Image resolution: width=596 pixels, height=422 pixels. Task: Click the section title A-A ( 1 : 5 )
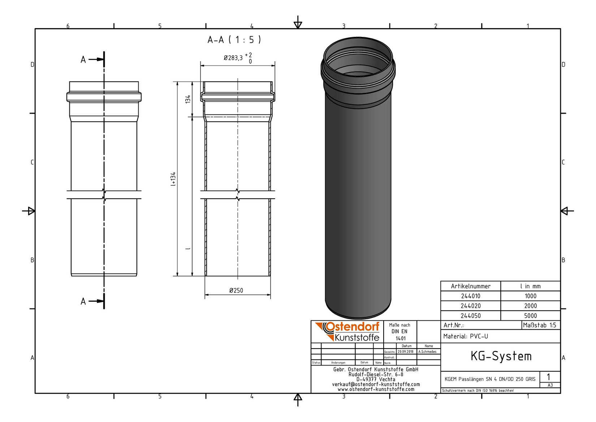pyautogui.click(x=234, y=40)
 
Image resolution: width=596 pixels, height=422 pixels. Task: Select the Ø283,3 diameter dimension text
pyautogui.click(x=233, y=58)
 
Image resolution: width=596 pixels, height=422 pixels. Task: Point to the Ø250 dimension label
pyautogui.click(x=236, y=290)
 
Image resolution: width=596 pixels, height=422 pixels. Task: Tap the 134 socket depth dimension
pyautogui.click(x=188, y=99)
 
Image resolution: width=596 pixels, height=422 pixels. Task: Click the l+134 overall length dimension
pyautogui.click(x=173, y=179)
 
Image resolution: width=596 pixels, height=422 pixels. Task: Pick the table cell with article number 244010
pyautogui.click(x=470, y=296)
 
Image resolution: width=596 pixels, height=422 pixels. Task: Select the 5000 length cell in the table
pyautogui.click(x=530, y=316)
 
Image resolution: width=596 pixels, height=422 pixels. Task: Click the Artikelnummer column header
pyautogui.click(x=470, y=286)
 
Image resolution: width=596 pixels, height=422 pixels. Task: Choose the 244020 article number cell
pyautogui.click(x=470, y=306)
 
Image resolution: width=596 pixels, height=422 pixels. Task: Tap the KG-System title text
pyautogui.click(x=501, y=356)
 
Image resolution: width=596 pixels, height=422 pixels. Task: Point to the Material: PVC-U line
pyautogui.click(x=466, y=336)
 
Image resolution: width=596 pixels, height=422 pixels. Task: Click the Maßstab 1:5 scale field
pyautogui.click(x=540, y=325)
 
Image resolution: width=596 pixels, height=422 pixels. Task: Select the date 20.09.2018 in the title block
pyautogui.click(x=405, y=351)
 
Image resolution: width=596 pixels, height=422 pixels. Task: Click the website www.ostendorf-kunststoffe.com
pyautogui.click(x=376, y=389)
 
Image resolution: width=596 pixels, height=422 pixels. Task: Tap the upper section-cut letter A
pyautogui.click(x=83, y=60)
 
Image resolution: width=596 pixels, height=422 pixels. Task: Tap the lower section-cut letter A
pyautogui.click(x=83, y=301)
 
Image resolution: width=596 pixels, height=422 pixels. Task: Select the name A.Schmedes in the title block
pyautogui.click(x=428, y=351)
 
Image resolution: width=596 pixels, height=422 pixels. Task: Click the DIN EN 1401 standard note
pyautogui.click(x=400, y=332)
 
